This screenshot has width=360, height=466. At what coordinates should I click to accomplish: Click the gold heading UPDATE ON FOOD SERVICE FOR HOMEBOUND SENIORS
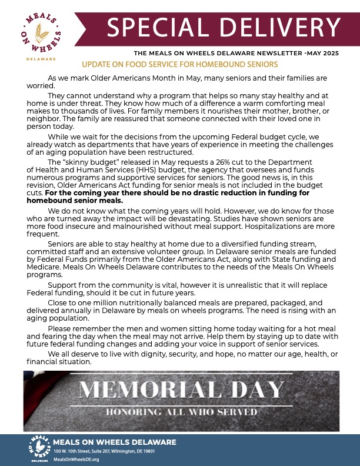(180, 64)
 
